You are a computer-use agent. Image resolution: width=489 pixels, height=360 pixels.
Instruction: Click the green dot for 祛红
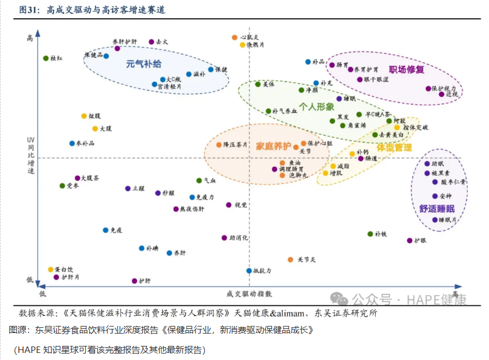[46, 58]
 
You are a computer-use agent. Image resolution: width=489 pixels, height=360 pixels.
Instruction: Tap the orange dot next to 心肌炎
[235, 38]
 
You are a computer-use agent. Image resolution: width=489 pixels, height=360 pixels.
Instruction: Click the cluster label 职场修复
[406, 69]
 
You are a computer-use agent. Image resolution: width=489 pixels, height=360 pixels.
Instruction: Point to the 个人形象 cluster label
[316, 106]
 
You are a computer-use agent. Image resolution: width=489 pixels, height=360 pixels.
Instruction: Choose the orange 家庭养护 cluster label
[274, 146]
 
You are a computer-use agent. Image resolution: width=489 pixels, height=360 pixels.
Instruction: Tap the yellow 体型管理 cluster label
[394, 147]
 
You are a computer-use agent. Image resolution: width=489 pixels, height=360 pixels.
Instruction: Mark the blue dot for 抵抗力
[249, 271]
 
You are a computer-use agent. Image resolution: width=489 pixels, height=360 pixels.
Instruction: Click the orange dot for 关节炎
[291, 259]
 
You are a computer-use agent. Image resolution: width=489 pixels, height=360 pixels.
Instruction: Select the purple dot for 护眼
[410, 240]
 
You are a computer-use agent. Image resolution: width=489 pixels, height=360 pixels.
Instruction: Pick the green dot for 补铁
[370, 234]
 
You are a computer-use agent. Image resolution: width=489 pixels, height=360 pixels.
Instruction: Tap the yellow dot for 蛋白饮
[50, 270]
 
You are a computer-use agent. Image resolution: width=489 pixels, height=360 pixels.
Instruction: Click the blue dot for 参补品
[72, 143]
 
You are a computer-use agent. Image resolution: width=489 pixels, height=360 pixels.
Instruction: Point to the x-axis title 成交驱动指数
[248, 293]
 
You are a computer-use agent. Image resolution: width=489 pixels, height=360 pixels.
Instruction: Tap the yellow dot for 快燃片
[242, 45]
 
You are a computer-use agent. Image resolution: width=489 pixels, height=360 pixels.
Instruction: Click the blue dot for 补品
[308, 62]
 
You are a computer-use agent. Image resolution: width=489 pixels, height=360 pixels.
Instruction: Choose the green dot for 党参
[62, 186]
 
